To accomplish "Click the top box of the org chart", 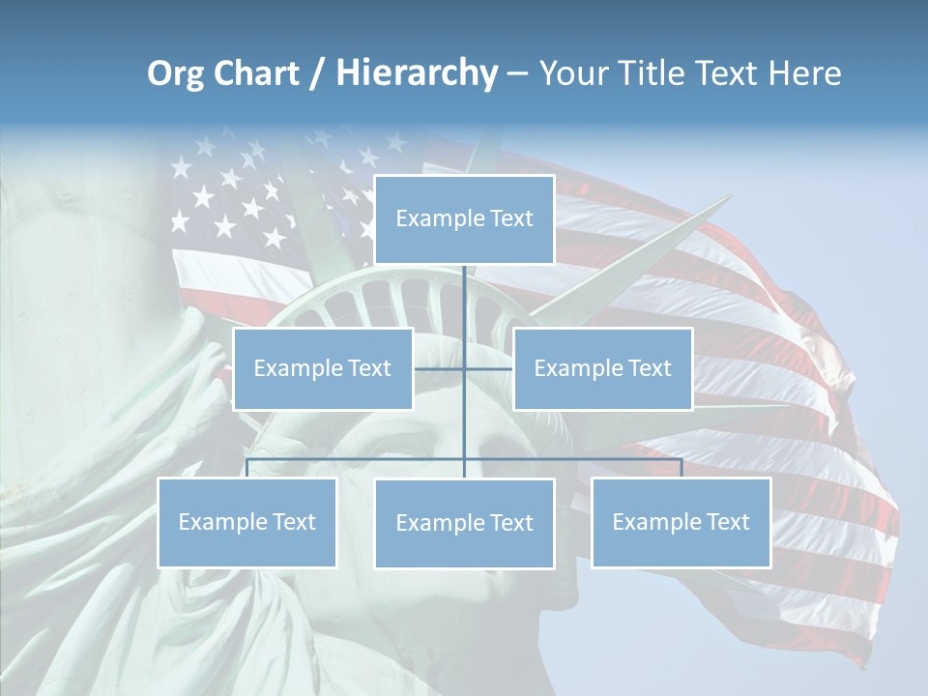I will pos(464,219).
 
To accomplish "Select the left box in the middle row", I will pos(323,368).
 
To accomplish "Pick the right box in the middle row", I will pos(602,368).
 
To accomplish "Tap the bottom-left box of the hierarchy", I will pos(246,522).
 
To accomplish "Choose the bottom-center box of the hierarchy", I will pos(464,523).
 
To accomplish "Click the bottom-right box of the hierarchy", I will pos(681,522).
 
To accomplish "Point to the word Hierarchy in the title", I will pos(417,73).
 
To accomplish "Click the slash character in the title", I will pos(317,73).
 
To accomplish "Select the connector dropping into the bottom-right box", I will pos(681,468).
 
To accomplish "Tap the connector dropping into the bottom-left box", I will pos(247,468).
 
